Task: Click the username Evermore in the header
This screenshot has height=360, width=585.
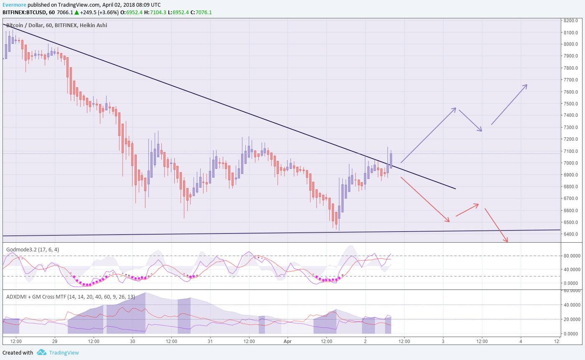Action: click(14, 5)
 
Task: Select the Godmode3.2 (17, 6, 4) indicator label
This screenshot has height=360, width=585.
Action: click(33, 249)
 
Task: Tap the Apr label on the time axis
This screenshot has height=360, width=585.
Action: click(287, 341)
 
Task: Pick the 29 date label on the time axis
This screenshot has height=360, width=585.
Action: click(55, 341)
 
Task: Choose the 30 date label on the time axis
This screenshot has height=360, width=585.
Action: click(132, 341)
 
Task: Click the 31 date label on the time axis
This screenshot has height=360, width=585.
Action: click(210, 341)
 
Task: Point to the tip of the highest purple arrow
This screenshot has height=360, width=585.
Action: click(526, 85)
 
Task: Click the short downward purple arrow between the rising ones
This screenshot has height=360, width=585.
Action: click(471, 120)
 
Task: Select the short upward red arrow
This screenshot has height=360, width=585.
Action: click(467, 210)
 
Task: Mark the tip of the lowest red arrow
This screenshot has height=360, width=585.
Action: click(507, 241)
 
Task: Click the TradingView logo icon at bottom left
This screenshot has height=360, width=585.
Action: click(41, 352)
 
